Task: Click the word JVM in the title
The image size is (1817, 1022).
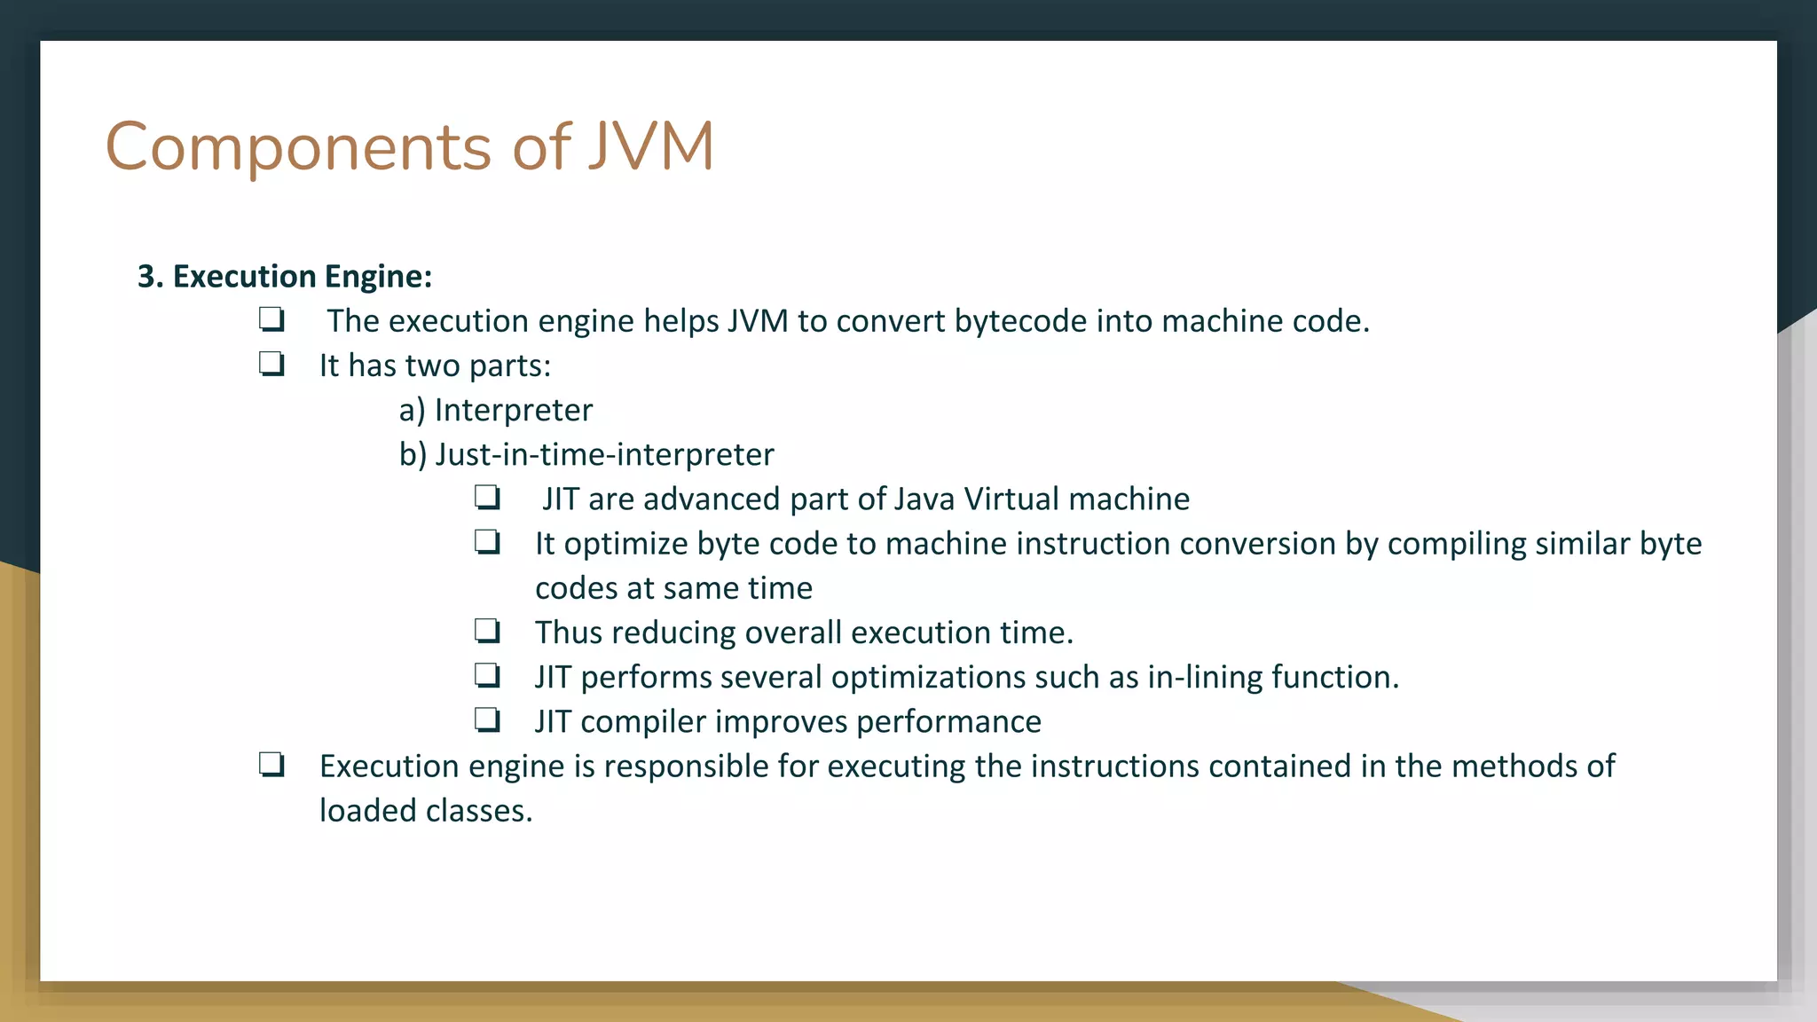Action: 651,146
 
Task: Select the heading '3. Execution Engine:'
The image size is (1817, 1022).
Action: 285,277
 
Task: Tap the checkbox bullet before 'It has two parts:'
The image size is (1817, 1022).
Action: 271,365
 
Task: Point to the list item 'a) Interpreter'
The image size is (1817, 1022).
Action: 495,410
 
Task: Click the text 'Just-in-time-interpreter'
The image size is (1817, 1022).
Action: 604,454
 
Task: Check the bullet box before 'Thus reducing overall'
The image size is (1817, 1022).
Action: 487,632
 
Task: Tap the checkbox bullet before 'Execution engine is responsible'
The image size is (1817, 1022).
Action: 271,765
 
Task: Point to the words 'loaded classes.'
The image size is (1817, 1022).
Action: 426,811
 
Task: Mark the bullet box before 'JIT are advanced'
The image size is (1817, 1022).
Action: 487,498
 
